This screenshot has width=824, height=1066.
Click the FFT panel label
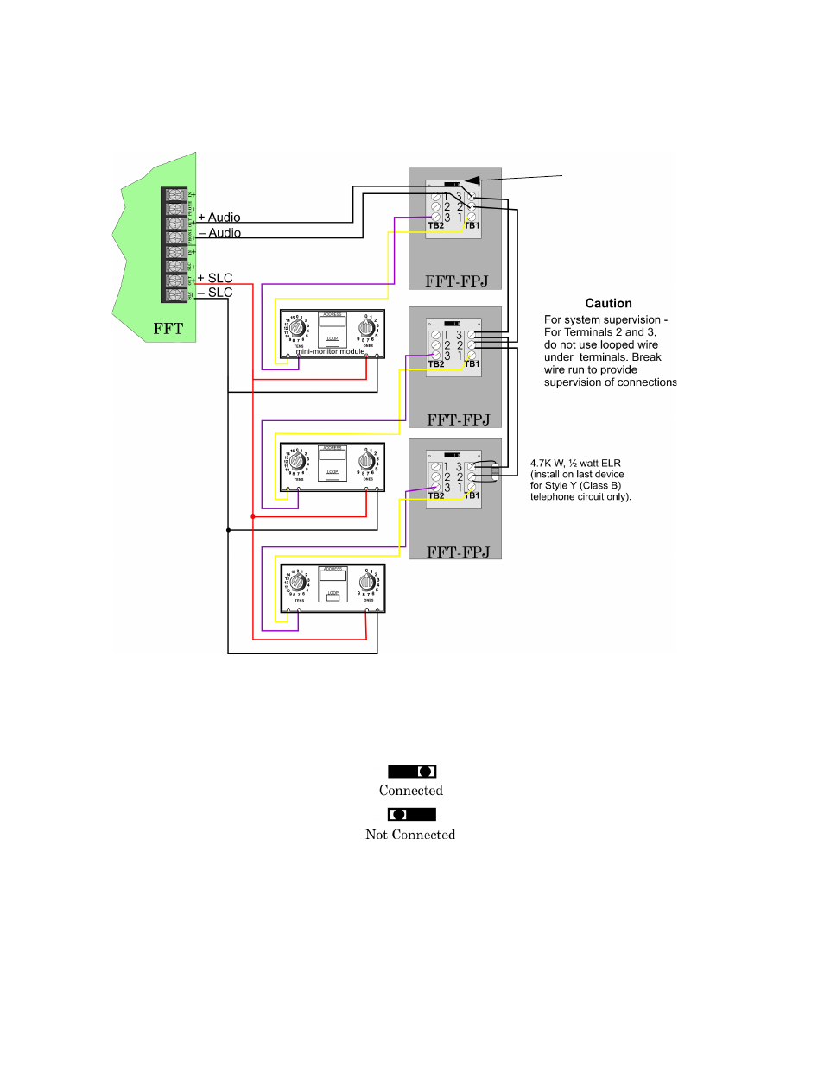168,329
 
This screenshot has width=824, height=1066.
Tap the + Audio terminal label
219,218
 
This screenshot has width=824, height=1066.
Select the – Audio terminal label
219,233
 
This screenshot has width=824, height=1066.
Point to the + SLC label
215,278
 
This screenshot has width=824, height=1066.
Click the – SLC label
215,293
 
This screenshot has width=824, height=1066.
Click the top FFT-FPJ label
456,281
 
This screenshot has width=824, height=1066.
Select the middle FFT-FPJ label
458,420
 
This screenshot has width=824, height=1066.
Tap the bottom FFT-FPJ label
458,552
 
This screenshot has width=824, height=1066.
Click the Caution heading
608,304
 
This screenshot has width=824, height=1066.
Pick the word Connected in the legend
411,791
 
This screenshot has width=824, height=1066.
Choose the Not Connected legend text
410,835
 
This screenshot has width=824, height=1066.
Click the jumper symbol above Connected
412,772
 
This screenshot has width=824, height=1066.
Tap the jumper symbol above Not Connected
412,814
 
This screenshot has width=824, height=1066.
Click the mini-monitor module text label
330,351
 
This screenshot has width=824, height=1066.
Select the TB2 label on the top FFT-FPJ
436,226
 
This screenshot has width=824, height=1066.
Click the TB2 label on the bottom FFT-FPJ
436,496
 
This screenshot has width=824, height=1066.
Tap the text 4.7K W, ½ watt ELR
575,464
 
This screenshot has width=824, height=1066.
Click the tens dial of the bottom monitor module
297,583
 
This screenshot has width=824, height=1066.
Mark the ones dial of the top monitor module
366,328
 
